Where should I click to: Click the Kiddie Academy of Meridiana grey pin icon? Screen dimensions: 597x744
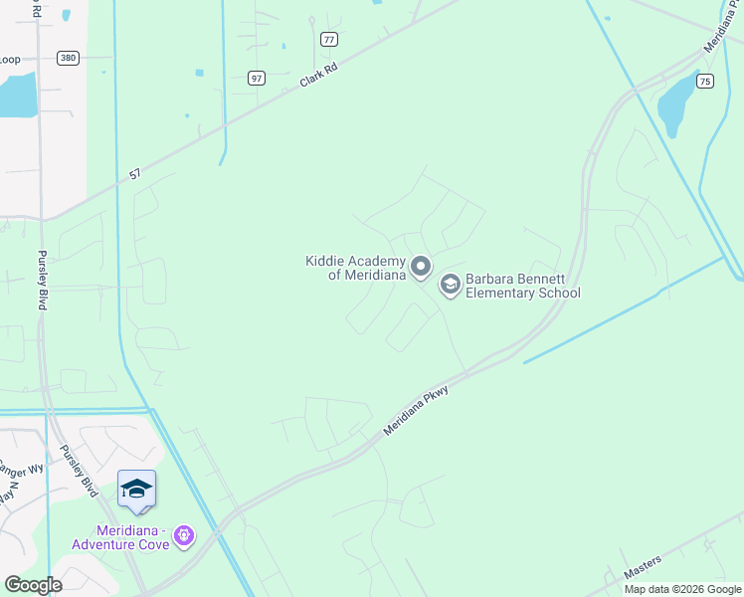pyautogui.click(x=421, y=266)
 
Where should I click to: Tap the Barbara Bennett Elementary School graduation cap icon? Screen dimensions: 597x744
pyautogui.click(x=450, y=286)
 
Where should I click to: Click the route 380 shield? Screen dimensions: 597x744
pyautogui.click(x=68, y=58)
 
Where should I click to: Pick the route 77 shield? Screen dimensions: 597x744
pyautogui.click(x=329, y=39)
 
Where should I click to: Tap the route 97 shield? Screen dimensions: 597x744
pyautogui.click(x=257, y=78)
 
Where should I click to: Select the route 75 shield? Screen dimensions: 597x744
pyautogui.click(x=704, y=82)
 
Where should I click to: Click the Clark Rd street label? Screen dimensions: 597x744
pyautogui.click(x=319, y=75)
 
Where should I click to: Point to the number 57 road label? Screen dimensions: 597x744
pyautogui.click(x=136, y=176)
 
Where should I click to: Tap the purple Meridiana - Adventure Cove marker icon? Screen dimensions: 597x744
pyautogui.click(x=183, y=536)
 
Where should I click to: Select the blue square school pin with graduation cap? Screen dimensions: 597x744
pyautogui.click(x=136, y=489)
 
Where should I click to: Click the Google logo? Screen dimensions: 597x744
pyautogui.click(x=33, y=585)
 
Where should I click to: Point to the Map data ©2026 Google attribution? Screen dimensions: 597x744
pyautogui.click(x=682, y=589)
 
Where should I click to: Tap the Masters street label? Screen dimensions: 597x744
pyautogui.click(x=643, y=568)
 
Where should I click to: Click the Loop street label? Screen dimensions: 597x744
pyautogui.click(x=9, y=60)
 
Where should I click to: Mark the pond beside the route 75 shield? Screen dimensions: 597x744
pyautogui.click(x=675, y=104)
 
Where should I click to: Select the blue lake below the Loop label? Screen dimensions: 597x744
pyautogui.click(x=18, y=97)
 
